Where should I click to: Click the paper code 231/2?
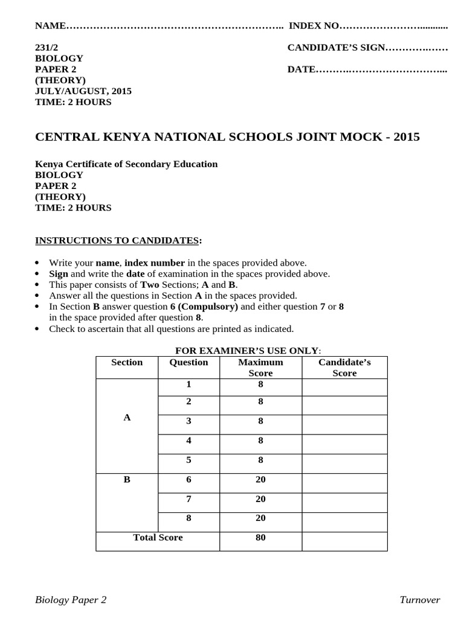pyautogui.click(x=47, y=47)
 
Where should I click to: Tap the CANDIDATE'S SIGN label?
pyautogui.click(x=335, y=47)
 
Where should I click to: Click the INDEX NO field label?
pyautogui.click(x=314, y=25)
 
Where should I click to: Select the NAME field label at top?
pyautogui.click(x=50, y=25)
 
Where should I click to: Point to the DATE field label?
pyautogui.click(x=301, y=69)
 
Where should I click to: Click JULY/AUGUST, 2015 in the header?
pyautogui.click(x=83, y=91)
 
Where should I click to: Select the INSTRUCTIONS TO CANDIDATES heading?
pyautogui.click(x=117, y=241)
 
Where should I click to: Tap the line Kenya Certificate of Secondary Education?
pyautogui.click(x=126, y=164)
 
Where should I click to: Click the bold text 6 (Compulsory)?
pyautogui.click(x=204, y=307)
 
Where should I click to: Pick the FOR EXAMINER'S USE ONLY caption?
pyautogui.click(x=248, y=351)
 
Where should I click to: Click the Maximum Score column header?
pyautogui.click(x=260, y=368)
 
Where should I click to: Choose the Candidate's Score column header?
pyautogui.click(x=344, y=368)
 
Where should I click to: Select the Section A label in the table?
pyautogui.click(x=127, y=418)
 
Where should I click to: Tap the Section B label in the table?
pyautogui.click(x=127, y=480)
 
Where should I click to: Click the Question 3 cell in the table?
pyautogui.click(x=188, y=421)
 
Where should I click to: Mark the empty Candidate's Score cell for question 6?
pyautogui.click(x=344, y=483)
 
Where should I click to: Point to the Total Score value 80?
pyautogui.click(x=260, y=538)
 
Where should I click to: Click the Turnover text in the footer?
pyautogui.click(x=419, y=600)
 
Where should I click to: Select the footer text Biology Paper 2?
pyautogui.click(x=71, y=600)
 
